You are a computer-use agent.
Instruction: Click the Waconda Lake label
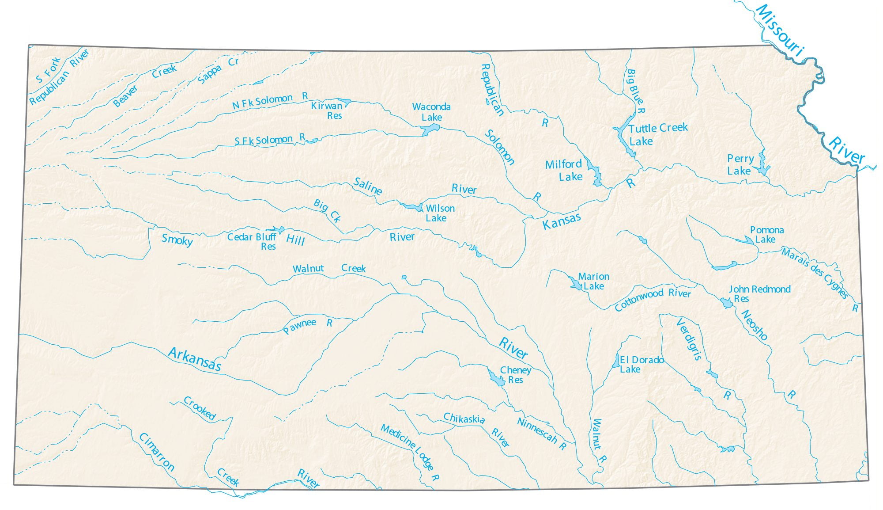click(431, 112)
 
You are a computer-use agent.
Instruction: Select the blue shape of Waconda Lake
click(430, 129)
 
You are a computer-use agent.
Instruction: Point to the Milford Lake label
click(564, 170)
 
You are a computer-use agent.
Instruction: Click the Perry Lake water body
click(762, 165)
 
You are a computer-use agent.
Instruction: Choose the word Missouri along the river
click(780, 30)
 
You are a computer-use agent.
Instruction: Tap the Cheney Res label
click(515, 375)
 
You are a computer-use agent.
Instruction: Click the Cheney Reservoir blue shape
click(496, 378)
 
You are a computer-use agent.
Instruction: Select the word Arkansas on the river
click(194, 358)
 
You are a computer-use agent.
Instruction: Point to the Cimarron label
click(157, 452)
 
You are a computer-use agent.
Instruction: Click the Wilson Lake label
click(439, 213)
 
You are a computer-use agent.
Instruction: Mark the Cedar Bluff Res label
click(252, 241)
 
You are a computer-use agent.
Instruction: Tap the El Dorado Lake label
click(641, 364)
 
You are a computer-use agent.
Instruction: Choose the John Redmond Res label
click(759, 293)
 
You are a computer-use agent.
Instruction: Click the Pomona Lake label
click(766, 235)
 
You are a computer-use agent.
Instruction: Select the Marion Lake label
click(593, 281)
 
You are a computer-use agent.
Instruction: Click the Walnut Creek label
click(329, 268)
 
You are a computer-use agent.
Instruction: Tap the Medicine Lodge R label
click(410, 452)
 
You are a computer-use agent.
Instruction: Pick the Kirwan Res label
click(327, 110)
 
